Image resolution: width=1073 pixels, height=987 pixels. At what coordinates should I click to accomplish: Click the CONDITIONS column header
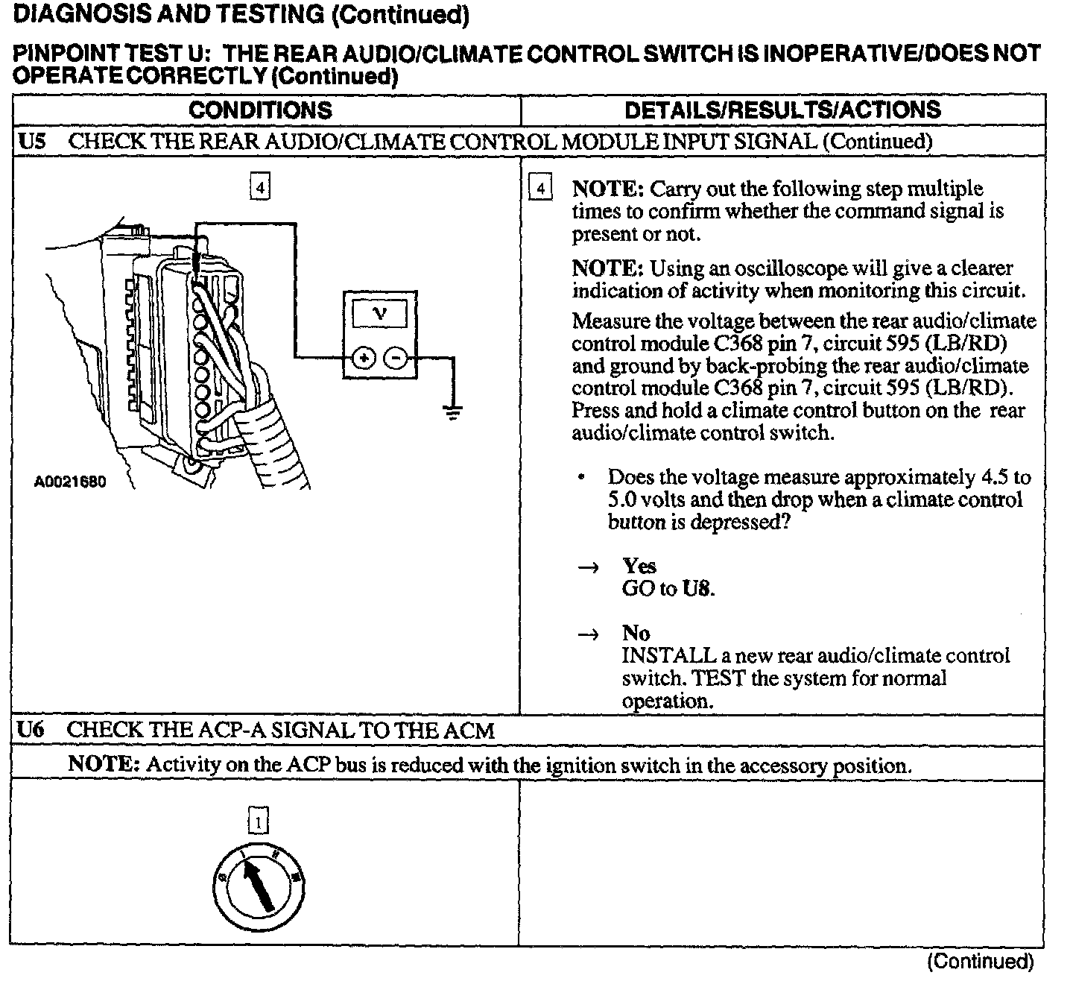260,110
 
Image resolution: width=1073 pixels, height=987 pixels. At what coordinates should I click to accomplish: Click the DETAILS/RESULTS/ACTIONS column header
782,110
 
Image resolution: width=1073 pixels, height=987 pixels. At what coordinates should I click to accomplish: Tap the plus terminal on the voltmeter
364,359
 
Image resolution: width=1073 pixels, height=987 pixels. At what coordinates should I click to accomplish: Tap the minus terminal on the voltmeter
396,359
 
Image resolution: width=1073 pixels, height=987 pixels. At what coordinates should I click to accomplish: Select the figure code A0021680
70,482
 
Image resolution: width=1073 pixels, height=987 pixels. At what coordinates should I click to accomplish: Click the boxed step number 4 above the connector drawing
259,188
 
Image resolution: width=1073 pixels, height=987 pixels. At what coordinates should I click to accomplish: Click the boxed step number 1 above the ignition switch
258,822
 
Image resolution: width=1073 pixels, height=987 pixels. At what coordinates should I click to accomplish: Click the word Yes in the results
639,566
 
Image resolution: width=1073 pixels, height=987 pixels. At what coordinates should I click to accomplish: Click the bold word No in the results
636,634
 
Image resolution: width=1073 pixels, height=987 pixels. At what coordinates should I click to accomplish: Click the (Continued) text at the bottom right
980,962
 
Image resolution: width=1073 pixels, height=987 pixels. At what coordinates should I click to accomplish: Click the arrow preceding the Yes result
588,567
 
